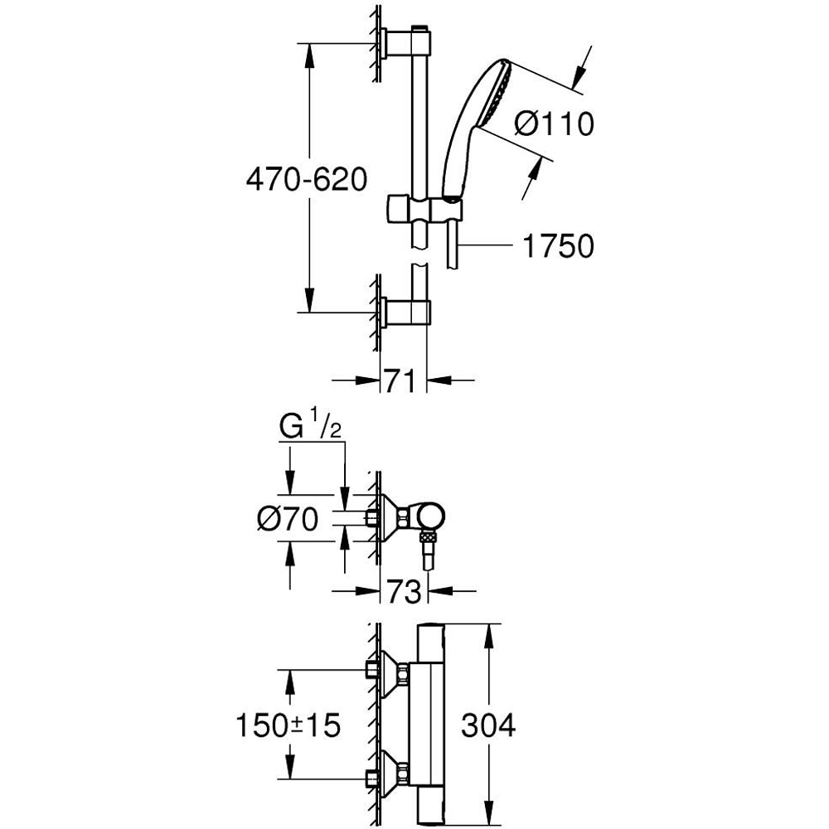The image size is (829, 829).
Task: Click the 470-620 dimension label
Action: click(x=306, y=179)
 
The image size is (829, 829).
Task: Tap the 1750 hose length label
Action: click(x=559, y=246)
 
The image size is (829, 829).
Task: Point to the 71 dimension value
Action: click(x=402, y=382)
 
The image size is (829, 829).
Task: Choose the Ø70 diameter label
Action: click(x=288, y=520)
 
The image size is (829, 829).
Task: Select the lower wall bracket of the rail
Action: click(x=406, y=313)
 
